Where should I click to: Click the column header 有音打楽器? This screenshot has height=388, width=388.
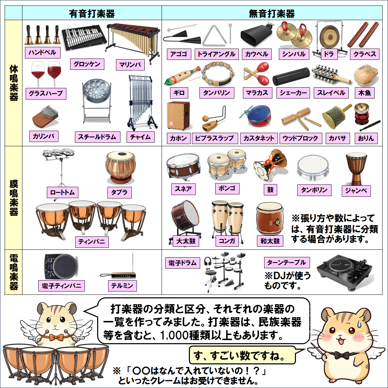[92, 14]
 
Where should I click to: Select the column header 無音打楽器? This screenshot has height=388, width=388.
[272, 14]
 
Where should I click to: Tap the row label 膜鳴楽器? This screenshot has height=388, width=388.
[14, 198]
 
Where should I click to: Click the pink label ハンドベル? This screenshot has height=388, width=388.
[42, 53]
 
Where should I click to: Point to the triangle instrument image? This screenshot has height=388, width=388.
[214, 36]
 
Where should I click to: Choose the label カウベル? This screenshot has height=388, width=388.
[257, 54]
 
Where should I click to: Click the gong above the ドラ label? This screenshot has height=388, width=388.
[329, 36]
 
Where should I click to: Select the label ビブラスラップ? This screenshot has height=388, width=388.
[215, 138]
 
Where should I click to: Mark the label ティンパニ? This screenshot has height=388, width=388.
[92, 242]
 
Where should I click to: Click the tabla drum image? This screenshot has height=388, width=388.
[120, 168]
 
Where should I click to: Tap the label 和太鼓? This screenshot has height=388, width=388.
[270, 241]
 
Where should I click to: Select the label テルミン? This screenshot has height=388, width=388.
[122, 286]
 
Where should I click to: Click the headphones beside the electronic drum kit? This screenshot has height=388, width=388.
[207, 262]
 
